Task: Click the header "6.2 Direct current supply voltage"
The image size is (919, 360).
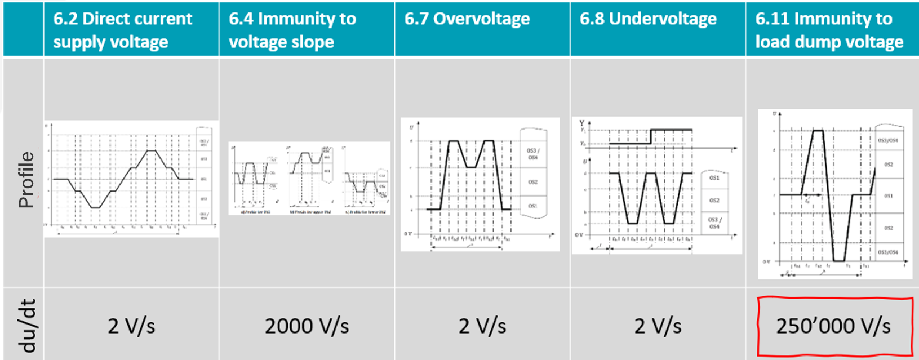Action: (123, 30)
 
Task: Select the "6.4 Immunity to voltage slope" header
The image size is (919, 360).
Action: (292, 30)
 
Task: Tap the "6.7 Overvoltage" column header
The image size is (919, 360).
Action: (467, 19)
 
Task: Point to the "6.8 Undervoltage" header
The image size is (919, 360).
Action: (648, 19)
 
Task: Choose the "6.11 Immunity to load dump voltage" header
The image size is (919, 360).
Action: (829, 30)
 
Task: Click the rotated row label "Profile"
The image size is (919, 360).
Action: (26, 180)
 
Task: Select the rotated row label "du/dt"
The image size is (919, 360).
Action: (26, 326)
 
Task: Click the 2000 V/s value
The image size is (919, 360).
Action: (307, 326)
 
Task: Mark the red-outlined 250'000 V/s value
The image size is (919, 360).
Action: (833, 326)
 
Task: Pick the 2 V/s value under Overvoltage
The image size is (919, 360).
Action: (482, 326)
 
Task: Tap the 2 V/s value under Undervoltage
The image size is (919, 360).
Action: (658, 326)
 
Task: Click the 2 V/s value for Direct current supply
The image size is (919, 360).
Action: (131, 326)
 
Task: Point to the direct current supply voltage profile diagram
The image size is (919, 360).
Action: (131, 179)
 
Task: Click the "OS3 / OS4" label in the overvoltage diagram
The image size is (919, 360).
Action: (532, 154)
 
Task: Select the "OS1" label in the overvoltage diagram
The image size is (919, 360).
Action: (532, 206)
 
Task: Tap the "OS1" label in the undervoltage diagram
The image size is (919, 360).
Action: (714, 178)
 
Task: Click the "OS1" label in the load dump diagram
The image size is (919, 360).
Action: (888, 196)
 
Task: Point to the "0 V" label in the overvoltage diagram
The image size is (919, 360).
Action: (407, 234)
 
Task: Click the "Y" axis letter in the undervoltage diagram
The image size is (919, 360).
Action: (581, 123)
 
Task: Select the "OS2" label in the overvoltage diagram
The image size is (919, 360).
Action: (532, 182)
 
